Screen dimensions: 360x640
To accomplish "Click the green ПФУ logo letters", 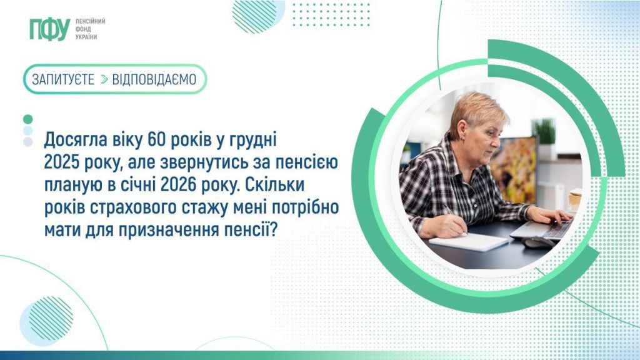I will click(49, 29).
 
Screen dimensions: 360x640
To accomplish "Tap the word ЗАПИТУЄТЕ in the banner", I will click(64, 79).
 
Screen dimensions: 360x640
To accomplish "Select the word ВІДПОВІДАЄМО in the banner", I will click(154, 79).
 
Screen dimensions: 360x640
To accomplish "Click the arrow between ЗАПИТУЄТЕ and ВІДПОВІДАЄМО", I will click(104, 79).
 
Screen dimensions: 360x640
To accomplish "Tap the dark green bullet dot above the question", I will click(27, 119).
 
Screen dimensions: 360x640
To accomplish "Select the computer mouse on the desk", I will click(538, 242).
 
